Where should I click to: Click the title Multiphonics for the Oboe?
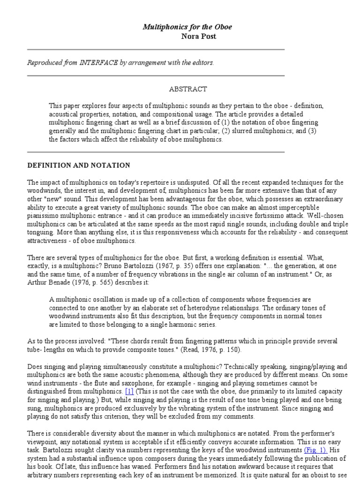tap(187, 27)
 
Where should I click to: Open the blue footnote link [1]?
tap(129, 390)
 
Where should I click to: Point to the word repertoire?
tap(167, 182)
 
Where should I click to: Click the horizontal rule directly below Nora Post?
tap(156, 49)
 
